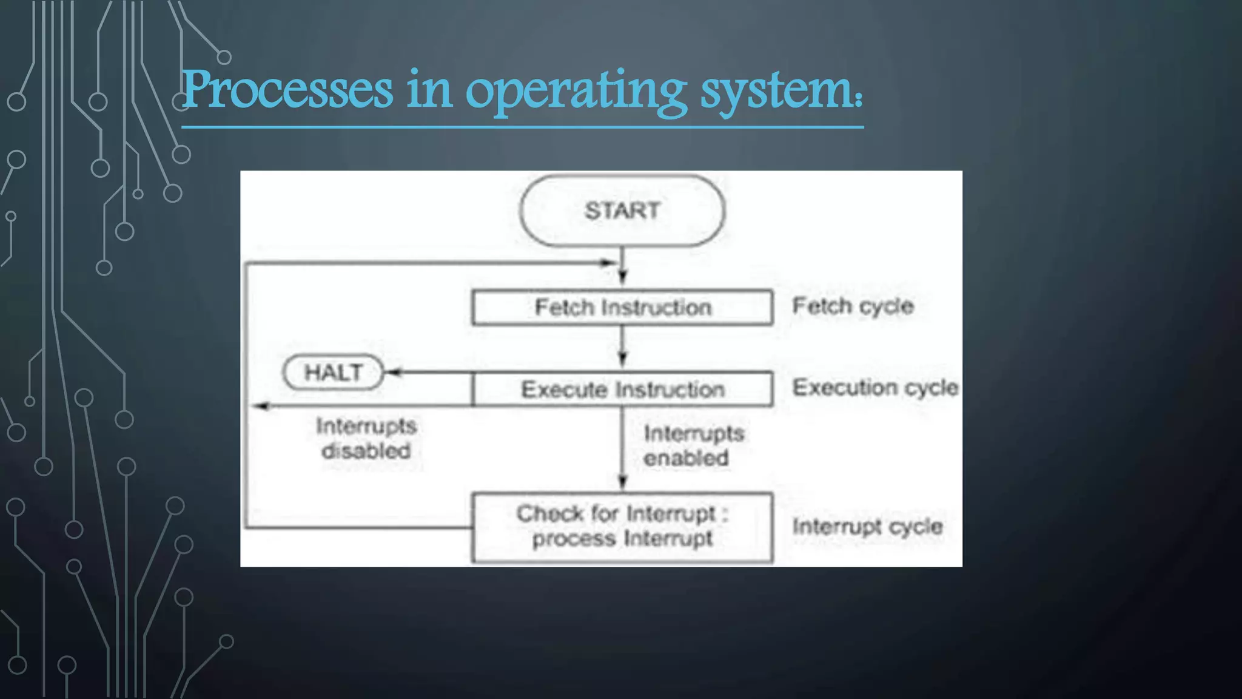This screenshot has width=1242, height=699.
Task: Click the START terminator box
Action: (x=622, y=211)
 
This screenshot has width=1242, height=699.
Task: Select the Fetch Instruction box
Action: (x=622, y=308)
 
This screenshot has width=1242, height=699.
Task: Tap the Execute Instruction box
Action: (x=622, y=389)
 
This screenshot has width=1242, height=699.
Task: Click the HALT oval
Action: (x=334, y=372)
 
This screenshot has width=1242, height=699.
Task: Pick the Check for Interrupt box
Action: (x=622, y=527)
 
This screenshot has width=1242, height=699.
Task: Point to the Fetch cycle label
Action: (x=853, y=306)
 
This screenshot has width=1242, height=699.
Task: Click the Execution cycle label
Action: (x=875, y=388)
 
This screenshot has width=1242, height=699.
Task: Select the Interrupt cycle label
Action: (x=867, y=527)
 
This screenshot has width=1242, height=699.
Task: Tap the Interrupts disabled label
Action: (x=366, y=438)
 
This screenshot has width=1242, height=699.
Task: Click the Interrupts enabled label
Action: (x=693, y=445)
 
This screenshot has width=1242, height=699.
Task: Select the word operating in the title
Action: (x=576, y=91)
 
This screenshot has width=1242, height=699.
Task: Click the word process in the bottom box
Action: (x=573, y=539)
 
